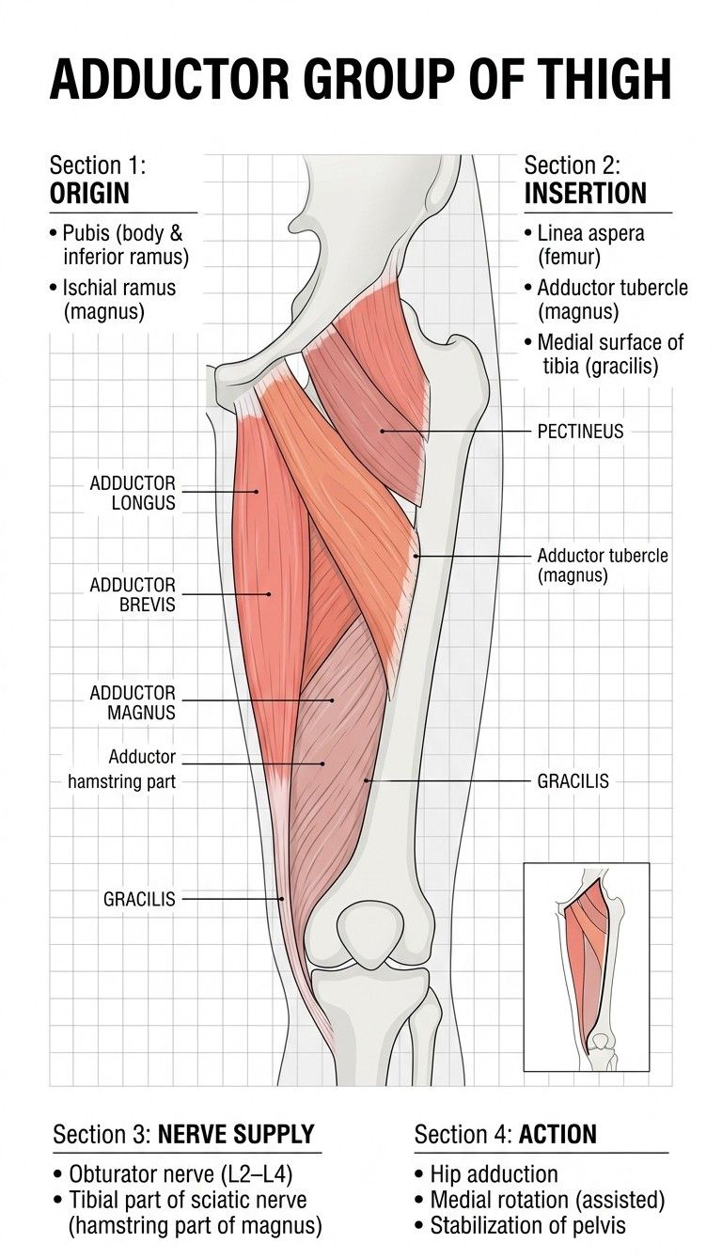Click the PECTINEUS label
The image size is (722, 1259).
580,432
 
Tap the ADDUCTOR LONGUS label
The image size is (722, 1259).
133,493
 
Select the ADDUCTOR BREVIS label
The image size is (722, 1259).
133,594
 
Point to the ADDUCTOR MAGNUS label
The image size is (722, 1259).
133,702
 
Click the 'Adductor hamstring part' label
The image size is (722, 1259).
122,769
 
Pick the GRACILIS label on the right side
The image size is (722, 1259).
573,781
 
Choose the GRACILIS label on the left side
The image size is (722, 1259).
139,899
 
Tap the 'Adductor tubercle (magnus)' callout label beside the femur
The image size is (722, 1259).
603,565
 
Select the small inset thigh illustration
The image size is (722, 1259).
587,967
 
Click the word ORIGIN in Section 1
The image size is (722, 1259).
89,194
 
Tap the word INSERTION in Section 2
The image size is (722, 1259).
586,194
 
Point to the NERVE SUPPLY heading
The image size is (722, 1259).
236,1134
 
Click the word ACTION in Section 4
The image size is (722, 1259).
557,1134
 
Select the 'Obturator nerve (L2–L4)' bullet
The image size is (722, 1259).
174,1174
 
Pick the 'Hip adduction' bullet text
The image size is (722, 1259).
487,1174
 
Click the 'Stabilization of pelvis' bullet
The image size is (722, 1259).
520,1226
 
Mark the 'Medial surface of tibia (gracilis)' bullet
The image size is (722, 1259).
604,354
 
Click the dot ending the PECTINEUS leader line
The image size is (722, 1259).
382,431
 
